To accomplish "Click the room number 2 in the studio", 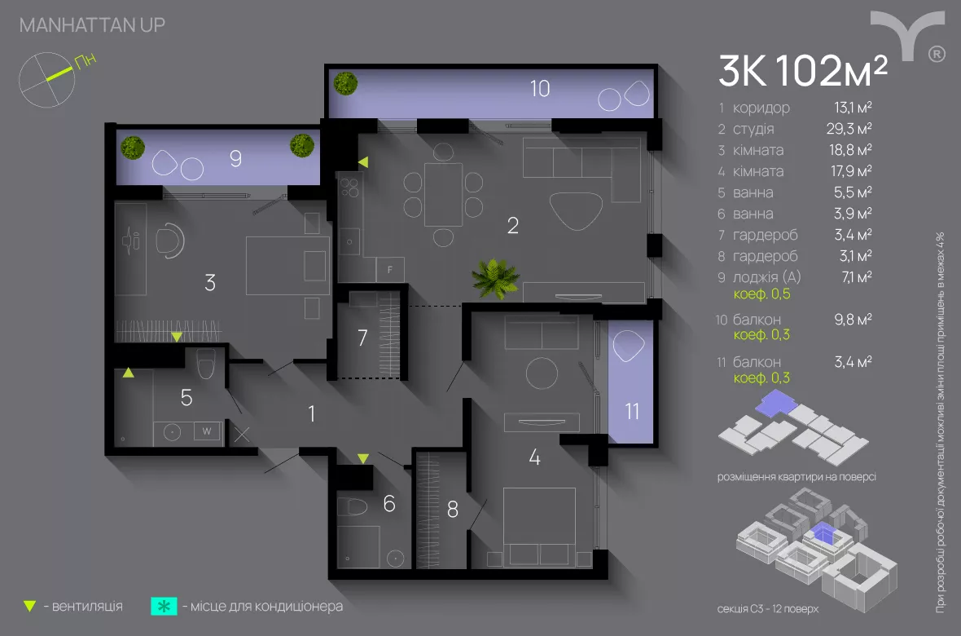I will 512,226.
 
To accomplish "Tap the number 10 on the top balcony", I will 540,88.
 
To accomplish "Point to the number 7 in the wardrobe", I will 363,338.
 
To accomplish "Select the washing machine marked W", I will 207,431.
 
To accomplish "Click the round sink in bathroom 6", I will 396,559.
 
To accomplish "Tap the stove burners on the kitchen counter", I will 351,190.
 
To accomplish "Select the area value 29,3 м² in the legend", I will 849,129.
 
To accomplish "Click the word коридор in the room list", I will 761,108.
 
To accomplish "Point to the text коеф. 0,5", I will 762,294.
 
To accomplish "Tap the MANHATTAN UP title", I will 92,25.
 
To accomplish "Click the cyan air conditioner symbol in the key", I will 164,607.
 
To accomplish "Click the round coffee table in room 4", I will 542,374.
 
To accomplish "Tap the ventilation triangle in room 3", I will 177,336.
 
